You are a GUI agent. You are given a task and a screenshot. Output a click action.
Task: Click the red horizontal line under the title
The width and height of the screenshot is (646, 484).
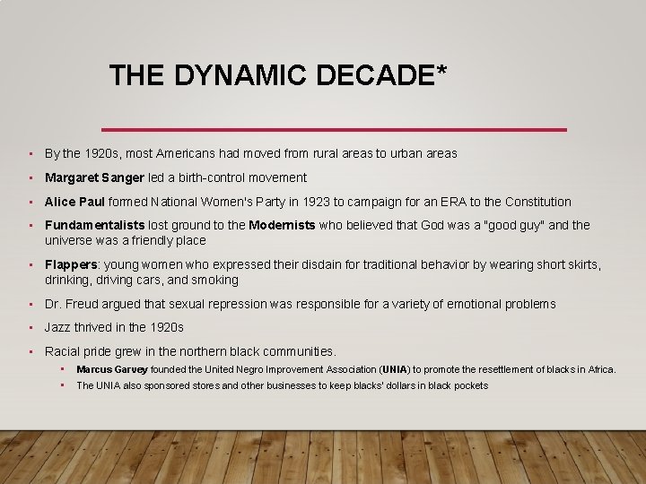tap(334, 130)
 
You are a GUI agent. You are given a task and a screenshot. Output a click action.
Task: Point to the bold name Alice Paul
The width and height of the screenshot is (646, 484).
tap(75, 202)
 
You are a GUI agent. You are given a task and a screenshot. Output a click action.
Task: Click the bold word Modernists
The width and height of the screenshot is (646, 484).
tap(282, 226)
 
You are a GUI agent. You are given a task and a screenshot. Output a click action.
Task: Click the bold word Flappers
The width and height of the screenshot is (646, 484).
tap(72, 265)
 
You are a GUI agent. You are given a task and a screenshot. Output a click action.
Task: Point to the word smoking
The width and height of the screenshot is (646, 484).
tap(215, 280)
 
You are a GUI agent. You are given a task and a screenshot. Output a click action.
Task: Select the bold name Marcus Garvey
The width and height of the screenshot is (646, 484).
tap(112, 369)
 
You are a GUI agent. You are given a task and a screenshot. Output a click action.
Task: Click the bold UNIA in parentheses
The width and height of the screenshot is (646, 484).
tap(394, 369)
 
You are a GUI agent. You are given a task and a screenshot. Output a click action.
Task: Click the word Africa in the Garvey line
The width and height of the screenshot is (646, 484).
tap(598, 369)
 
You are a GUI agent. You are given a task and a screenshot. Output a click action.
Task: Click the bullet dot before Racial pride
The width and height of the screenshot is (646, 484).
tap(31, 352)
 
